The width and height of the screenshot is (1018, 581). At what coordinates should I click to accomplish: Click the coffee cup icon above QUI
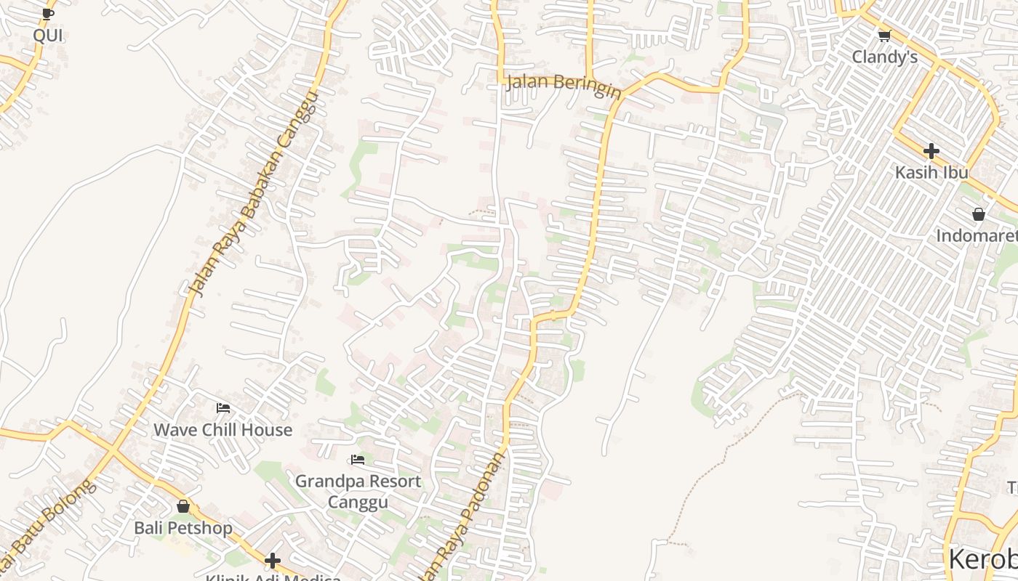48,13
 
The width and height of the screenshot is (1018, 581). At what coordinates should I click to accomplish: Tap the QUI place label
48,36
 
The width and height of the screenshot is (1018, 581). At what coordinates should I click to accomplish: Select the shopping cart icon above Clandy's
884,36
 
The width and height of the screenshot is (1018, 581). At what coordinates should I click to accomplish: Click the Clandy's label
885,57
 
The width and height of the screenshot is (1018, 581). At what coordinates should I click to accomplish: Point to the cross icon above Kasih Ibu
931,151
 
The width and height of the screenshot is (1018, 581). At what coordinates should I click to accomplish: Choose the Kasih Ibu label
931,173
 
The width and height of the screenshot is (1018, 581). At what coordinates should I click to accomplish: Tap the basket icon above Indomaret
979,214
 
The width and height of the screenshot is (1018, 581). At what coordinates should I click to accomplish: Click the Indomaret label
977,236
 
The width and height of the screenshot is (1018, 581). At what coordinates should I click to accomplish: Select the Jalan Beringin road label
564,84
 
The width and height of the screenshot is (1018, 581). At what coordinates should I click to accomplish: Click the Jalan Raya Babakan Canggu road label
254,194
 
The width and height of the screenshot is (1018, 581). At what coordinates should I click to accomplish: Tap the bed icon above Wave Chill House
223,408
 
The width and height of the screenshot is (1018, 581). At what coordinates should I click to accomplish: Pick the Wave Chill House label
223,430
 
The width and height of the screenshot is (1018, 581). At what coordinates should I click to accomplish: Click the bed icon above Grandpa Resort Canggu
357,460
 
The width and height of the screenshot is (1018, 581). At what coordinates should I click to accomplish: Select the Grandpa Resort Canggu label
357,492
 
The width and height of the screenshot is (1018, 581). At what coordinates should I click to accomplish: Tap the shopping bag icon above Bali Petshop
183,506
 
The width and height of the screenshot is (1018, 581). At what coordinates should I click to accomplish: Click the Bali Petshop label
183,528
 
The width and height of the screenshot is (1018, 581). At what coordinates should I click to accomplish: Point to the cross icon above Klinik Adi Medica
273,561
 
